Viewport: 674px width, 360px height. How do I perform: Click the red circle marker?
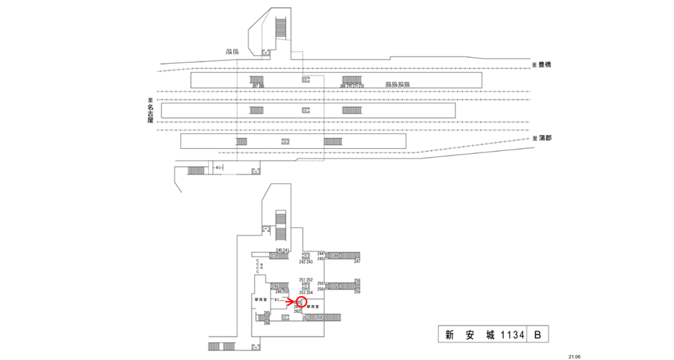coord(301,301)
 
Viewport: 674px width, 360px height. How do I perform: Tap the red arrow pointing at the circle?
coord(291,301)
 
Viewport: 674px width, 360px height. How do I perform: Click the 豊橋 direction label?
coord(543,65)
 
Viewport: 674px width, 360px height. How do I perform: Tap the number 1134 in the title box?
coord(512,335)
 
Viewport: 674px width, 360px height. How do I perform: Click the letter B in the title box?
coord(538,335)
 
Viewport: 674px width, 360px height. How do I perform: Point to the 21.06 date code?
coord(574,356)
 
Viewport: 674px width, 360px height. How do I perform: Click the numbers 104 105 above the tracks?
coord(232,52)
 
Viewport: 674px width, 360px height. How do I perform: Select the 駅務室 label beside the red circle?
coord(315,305)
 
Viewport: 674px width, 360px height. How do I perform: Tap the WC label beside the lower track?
coord(218,168)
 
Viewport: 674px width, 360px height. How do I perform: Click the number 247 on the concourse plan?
coord(357,262)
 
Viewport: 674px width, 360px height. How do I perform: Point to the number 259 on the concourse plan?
coord(357,293)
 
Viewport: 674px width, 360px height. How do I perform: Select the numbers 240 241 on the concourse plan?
coord(282,250)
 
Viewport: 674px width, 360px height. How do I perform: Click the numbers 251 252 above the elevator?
coord(306,280)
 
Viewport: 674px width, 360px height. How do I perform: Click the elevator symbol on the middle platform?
coord(306,110)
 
